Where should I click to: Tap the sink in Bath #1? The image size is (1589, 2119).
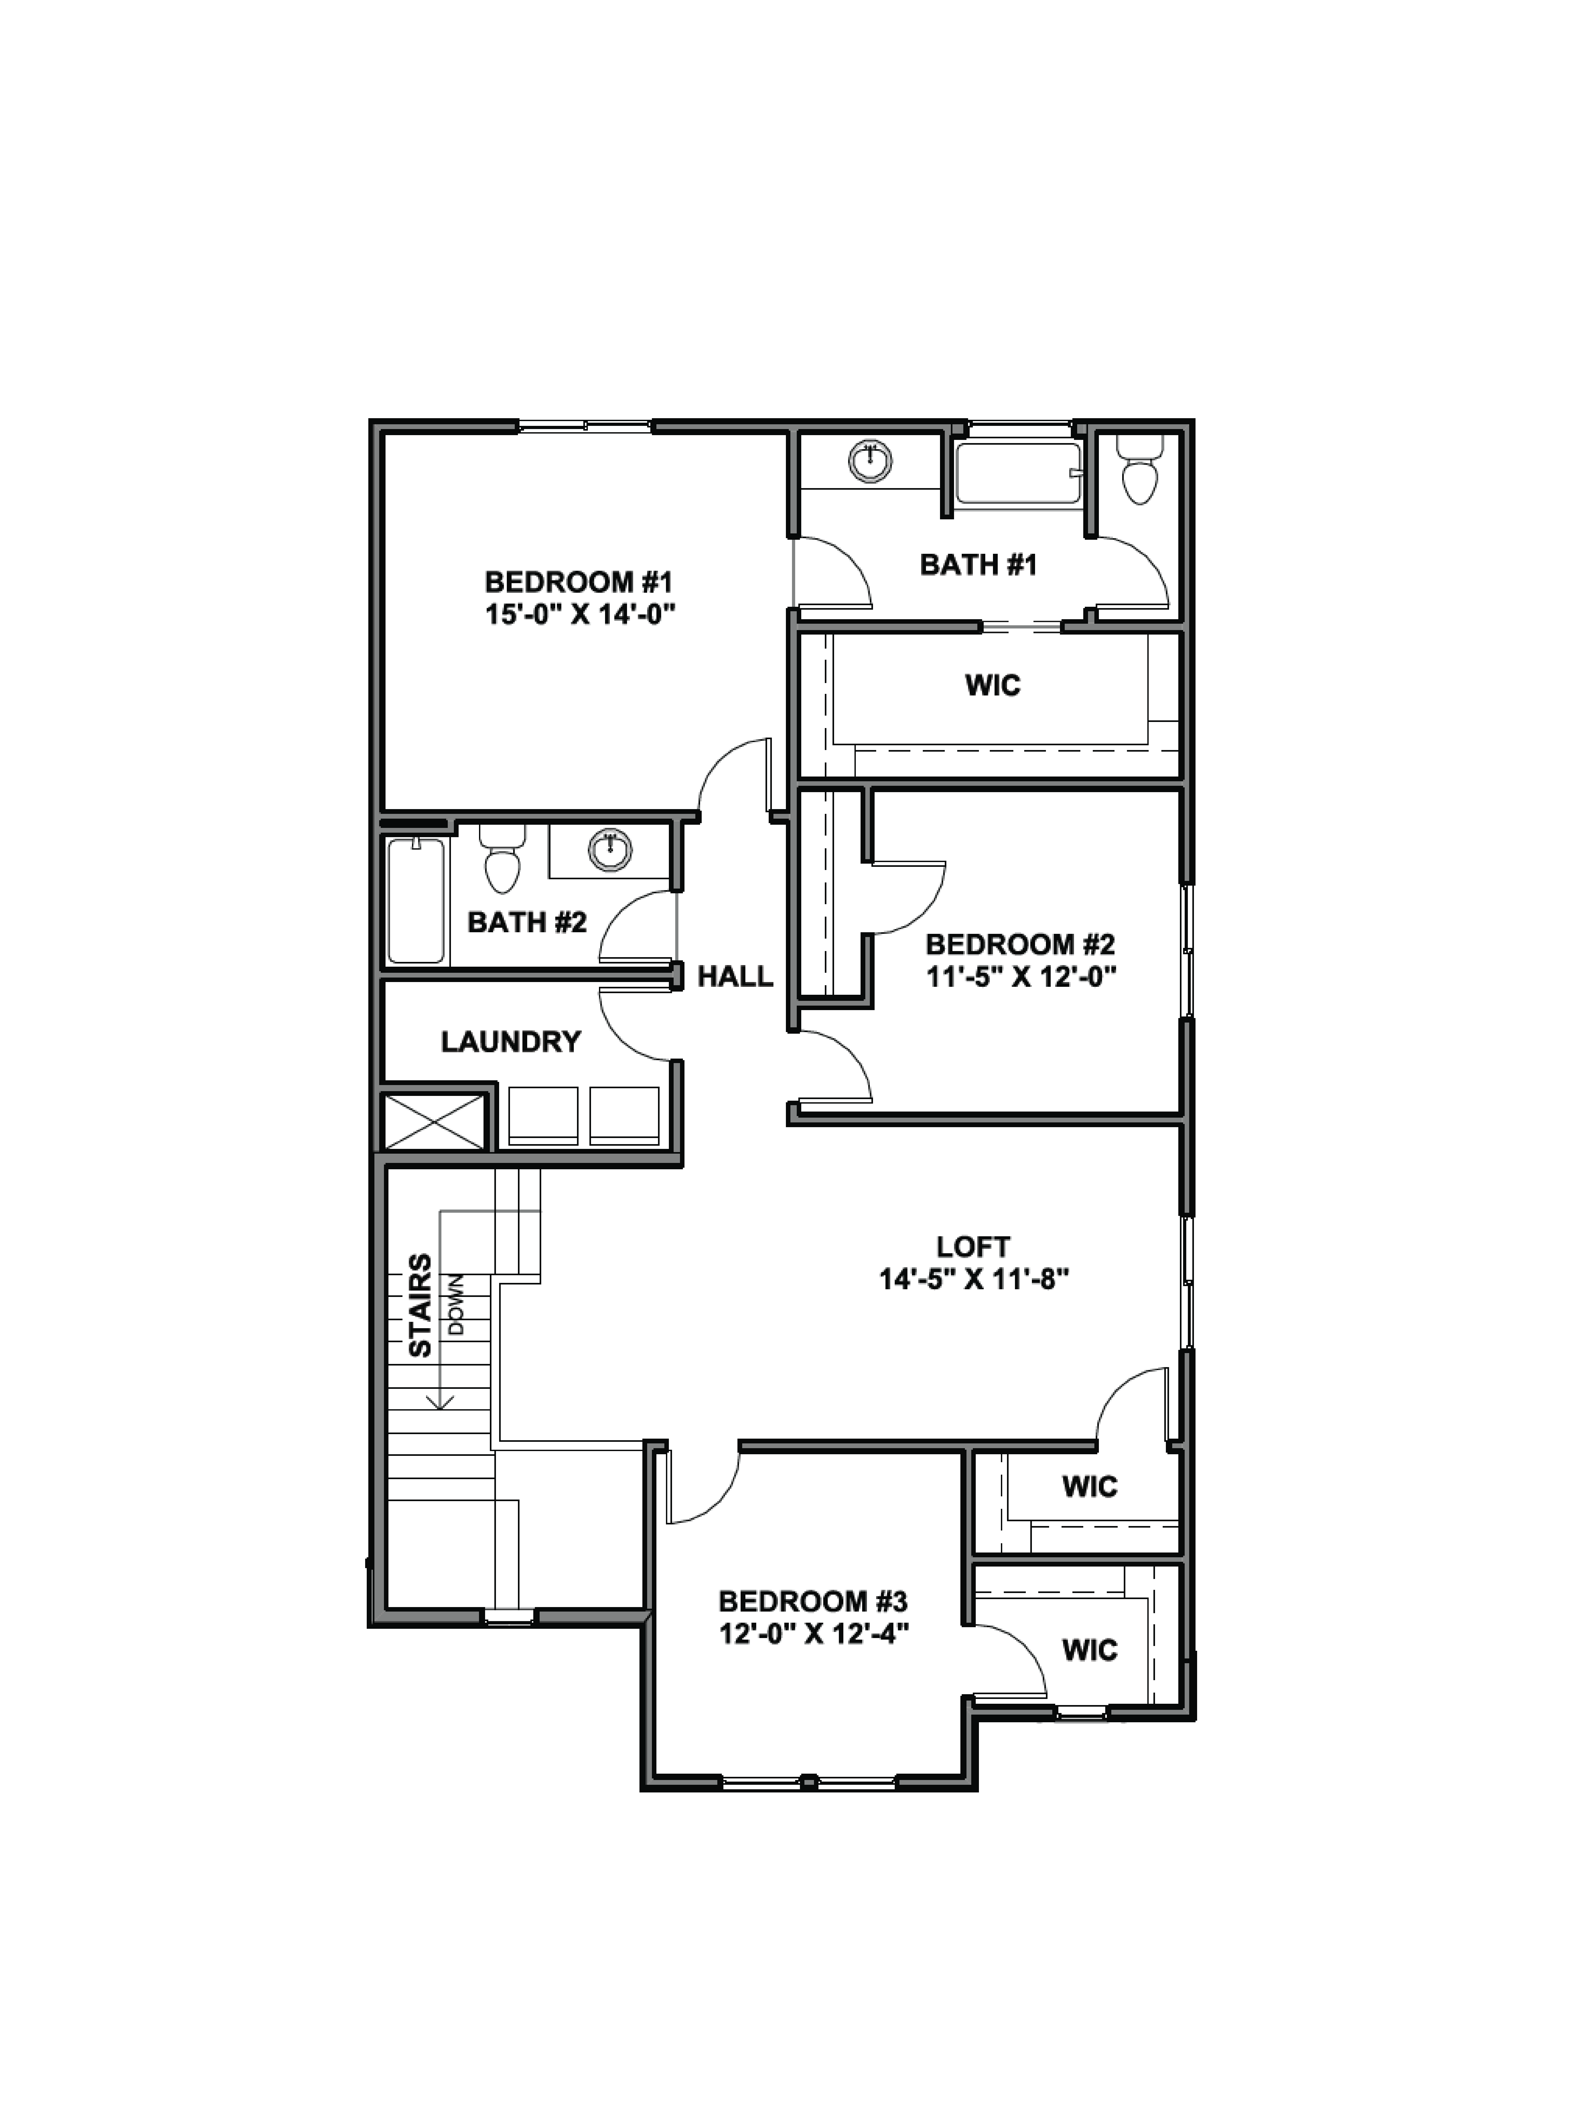870,461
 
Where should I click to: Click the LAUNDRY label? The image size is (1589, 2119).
511,1041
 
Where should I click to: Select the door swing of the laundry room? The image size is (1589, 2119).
634,1025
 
